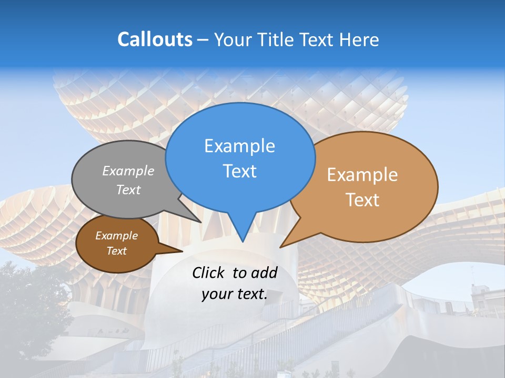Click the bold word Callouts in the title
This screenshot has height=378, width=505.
(155, 39)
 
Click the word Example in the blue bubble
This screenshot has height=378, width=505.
(239, 146)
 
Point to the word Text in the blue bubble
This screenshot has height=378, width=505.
(239, 171)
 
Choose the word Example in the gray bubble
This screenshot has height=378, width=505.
(128, 171)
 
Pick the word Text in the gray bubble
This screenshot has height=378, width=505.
(128, 190)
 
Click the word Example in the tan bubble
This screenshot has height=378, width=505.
(362, 175)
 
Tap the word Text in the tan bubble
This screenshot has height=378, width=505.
(362, 200)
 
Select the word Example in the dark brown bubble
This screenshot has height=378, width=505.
(116, 236)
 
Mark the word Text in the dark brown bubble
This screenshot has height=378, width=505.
(116, 251)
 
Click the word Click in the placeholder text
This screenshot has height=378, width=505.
(209, 272)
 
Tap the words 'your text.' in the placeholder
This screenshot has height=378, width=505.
(234, 295)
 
